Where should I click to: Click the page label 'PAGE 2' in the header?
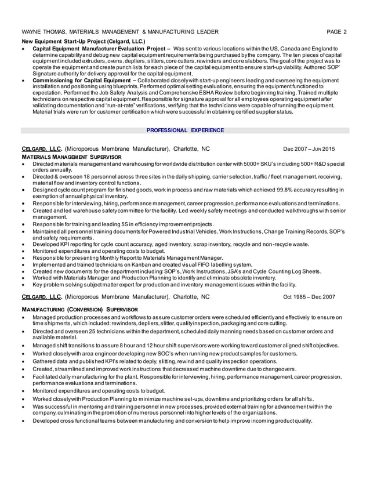click(336, 32)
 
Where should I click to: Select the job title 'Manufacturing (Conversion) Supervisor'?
click(79, 310)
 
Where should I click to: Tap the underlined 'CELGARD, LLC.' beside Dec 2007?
click(42, 149)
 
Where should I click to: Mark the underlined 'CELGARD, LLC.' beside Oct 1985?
click(42, 297)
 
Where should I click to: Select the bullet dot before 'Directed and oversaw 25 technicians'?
click(23, 331)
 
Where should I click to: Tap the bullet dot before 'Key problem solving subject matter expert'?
click(23, 285)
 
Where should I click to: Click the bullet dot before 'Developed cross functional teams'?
click(23, 420)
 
